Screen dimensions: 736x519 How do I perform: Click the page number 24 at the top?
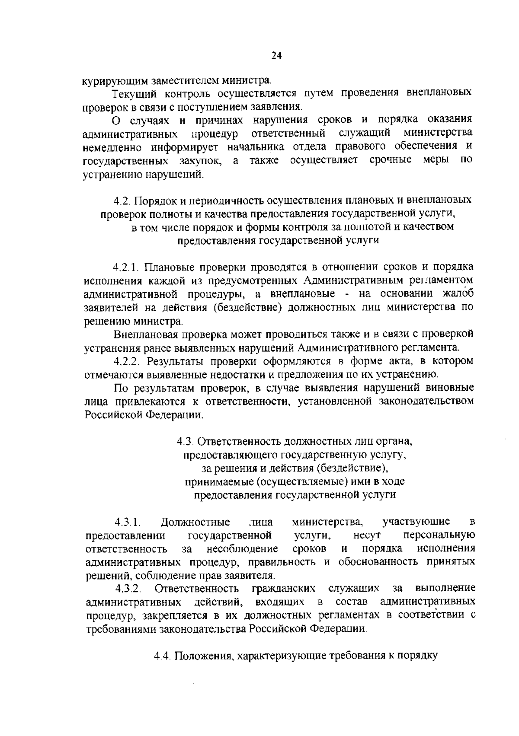(276, 55)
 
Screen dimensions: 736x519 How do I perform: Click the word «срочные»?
(391, 160)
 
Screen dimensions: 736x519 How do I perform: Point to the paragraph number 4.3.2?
(128, 589)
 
